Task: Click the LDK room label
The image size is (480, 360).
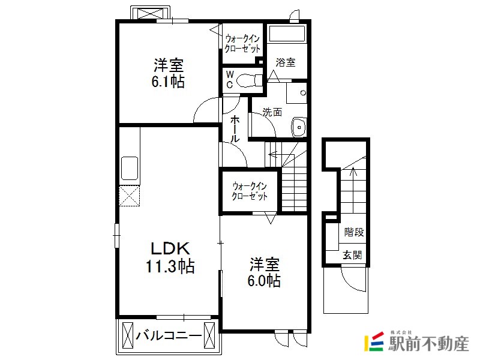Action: click(x=170, y=248)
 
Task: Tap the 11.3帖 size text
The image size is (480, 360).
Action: click(x=170, y=266)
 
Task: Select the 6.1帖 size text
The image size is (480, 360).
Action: click(x=168, y=82)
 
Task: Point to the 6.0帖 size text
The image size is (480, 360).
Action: click(x=264, y=280)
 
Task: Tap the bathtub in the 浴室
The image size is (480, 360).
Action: click(x=287, y=34)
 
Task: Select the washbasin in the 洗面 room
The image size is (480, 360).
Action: click(x=299, y=127)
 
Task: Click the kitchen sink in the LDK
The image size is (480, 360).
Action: click(x=130, y=168)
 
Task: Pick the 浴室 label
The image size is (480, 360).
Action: click(x=286, y=62)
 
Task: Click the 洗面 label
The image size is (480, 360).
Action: click(x=272, y=112)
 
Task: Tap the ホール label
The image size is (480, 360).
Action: click(x=235, y=128)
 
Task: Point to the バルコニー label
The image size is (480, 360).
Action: click(x=169, y=336)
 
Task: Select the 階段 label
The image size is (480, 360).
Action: click(x=354, y=232)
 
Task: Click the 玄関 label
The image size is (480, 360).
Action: click(x=352, y=254)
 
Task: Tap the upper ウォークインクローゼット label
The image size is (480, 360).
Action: click(x=242, y=44)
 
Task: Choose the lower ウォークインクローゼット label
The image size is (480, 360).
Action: click(x=250, y=191)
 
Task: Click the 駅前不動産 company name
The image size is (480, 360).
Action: click(x=428, y=344)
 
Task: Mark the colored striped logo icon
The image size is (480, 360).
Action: click(x=374, y=341)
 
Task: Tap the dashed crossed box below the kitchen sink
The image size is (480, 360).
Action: click(x=130, y=196)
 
